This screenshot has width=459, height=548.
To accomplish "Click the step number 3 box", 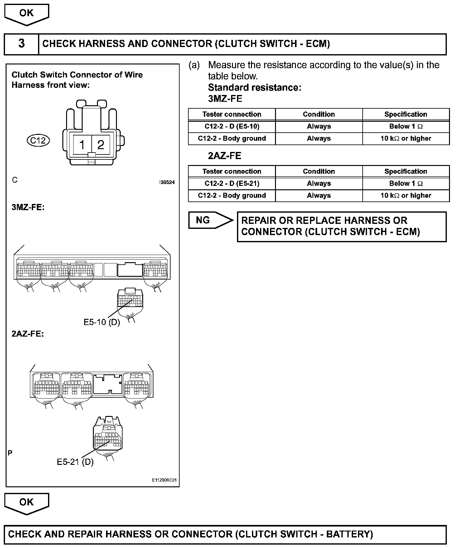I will pos(22,44).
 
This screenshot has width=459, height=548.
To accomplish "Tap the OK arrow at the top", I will pos(27,14).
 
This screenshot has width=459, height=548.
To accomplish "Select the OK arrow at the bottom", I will pos(27,503).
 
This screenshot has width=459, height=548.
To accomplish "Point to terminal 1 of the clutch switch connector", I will pos(82,145).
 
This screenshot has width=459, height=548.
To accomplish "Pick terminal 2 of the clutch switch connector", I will pos(101,145).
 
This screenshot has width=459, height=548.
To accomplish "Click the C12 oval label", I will pos(38,140).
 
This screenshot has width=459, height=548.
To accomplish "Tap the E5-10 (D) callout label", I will pos(102,322).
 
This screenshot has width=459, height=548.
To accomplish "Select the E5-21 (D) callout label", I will pos(75,462).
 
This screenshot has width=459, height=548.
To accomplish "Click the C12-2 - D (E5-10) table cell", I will pos(232,126).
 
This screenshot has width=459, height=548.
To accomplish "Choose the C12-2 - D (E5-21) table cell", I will pos(232,184).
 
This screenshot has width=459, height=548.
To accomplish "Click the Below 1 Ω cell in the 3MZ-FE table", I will pos(406,126).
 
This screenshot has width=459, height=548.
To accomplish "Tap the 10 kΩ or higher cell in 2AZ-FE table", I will pos(406,196).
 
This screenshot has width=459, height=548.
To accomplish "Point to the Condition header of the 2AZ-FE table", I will pos(319,172).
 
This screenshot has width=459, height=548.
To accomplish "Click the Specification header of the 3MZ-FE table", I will pos(406,114).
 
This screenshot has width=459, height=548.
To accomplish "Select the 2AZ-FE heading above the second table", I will pos(225,156).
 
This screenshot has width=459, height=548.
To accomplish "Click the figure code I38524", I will pos(167,182).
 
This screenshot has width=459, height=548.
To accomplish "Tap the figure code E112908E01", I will pos(164,480).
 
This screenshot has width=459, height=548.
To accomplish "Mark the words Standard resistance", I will pos(254,87).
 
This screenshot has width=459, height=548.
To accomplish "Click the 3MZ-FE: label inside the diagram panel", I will pos(28,207).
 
